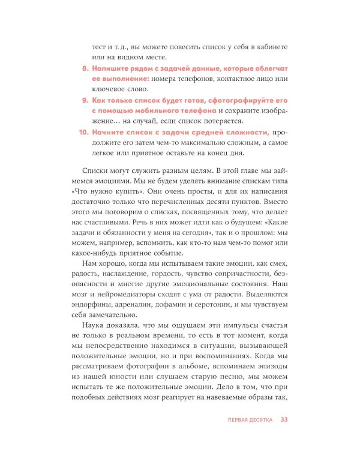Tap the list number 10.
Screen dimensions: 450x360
(x=82, y=132)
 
